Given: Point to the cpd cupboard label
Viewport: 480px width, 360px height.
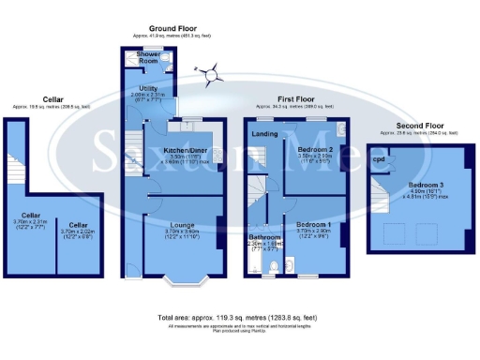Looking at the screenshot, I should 379,159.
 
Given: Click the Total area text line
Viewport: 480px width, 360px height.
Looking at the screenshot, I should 239,318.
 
